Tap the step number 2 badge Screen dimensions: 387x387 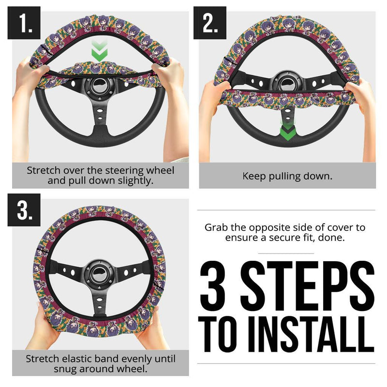pyautogui.click(x=210, y=23)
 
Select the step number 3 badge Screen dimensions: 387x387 pyautogui.click(x=23, y=210)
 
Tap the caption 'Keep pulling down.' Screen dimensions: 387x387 pyautogui.click(x=287, y=176)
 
